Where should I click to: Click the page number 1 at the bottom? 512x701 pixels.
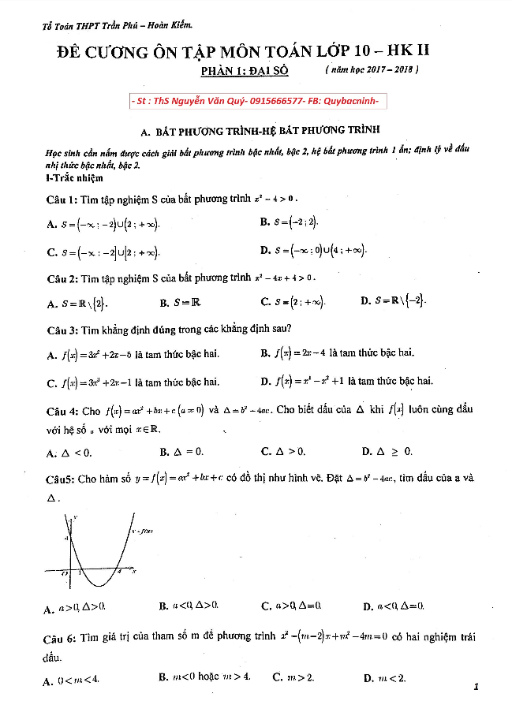click(x=476, y=686)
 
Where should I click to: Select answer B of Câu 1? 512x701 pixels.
click(x=289, y=222)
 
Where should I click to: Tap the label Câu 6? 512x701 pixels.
click(x=63, y=636)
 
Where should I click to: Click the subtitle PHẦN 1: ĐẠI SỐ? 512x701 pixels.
click(x=245, y=71)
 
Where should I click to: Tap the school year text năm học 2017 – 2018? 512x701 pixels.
click(x=372, y=70)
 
